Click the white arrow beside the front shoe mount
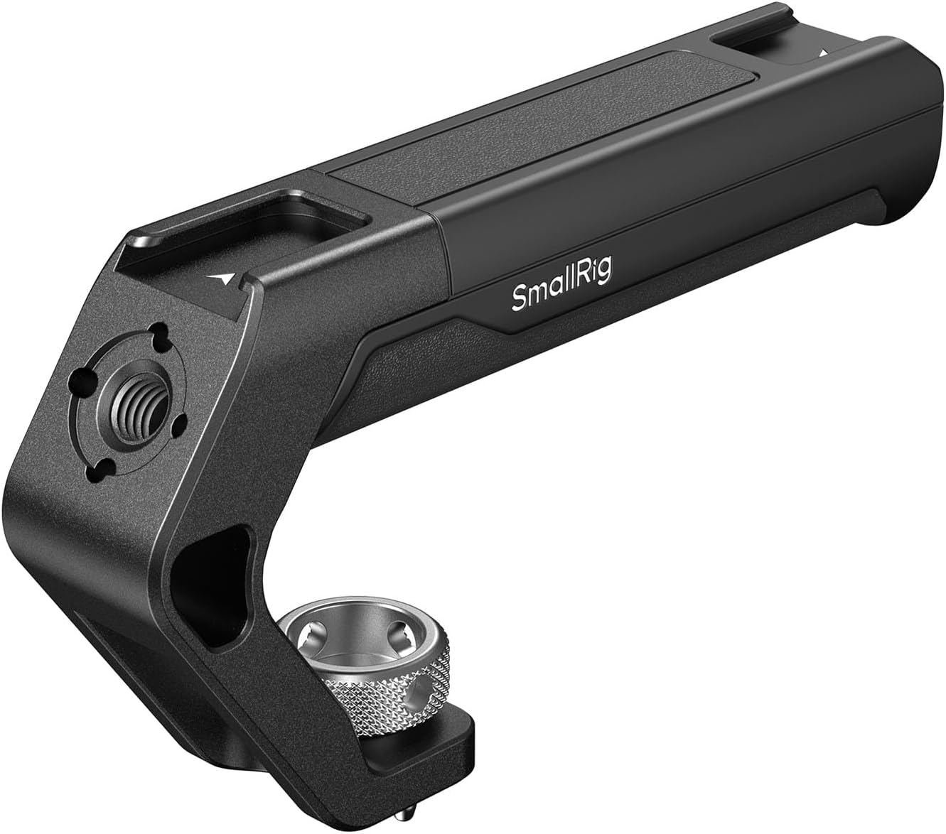click(x=225, y=278)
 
